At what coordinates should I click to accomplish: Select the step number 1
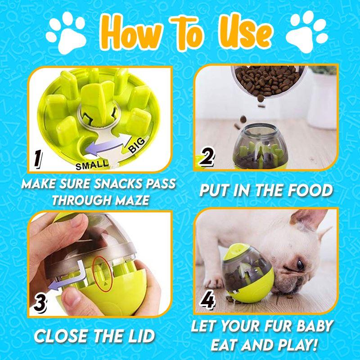(39, 159)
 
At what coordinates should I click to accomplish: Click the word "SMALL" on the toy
(92, 165)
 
